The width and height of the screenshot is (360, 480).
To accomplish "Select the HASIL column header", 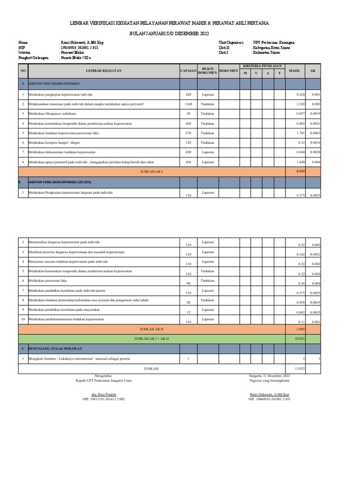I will [x=295, y=70].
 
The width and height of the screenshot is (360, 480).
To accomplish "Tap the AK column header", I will [x=313, y=70].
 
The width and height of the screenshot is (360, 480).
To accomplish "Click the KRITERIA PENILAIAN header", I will [x=262, y=66].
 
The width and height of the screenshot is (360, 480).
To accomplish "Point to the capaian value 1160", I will [x=188, y=104].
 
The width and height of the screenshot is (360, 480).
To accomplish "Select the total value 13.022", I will [x=300, y=368].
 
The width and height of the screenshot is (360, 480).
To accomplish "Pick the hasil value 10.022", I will [x=300, y=339].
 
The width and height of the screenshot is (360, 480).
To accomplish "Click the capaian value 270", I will [x=188, y=133].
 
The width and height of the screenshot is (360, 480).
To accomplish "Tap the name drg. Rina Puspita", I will [x=104, y=394].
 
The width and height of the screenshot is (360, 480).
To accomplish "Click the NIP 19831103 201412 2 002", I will [x=104, y=399].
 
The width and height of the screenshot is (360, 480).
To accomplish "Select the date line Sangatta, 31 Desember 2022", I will [x=270, y=376].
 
